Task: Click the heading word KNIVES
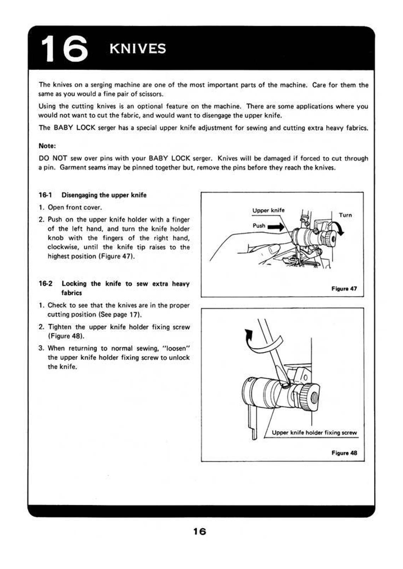point(138,49)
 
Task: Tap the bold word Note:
point(47,146)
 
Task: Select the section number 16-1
point(45,195)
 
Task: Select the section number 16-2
point(45,284)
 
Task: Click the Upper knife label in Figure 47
point(268,210)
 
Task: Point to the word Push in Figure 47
point(259,226)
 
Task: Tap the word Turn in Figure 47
point(345,215)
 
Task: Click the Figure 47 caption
point(344,289)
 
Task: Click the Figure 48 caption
point(344,453)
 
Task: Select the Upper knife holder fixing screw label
point(314,433)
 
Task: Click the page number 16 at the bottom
point(199,531)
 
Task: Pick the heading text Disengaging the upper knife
point(104,195)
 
